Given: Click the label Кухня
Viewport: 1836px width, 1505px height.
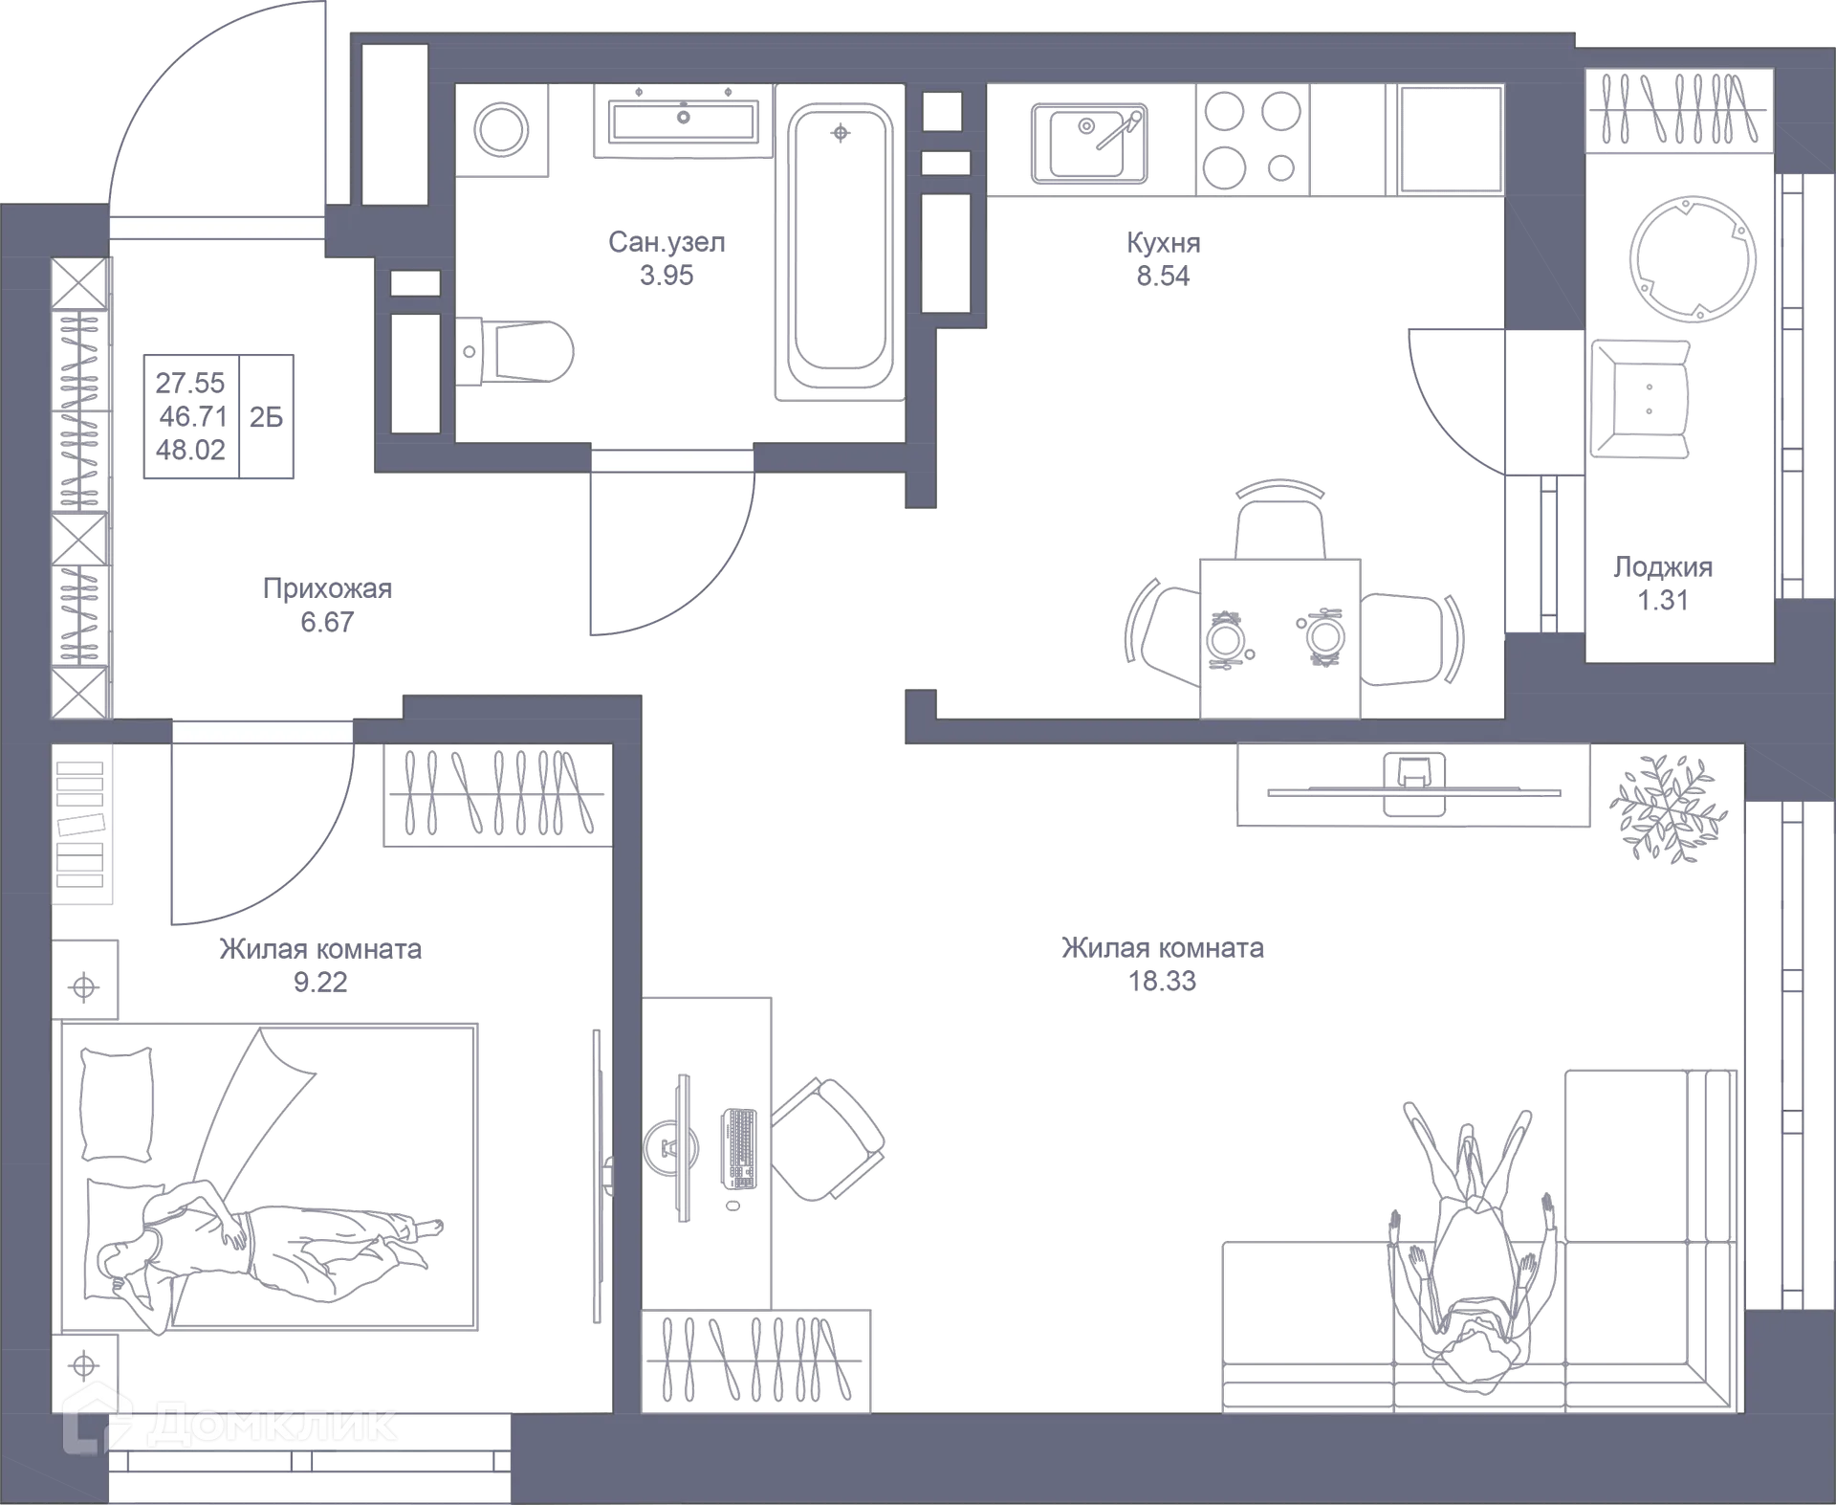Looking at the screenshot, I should point(1163,244).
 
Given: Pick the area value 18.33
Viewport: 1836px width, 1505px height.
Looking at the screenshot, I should point(1164,982).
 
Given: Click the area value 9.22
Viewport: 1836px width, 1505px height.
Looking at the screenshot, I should point(320,983).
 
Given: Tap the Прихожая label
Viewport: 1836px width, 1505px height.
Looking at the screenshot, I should point(327,589).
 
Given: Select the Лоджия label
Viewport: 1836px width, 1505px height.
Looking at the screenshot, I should point(1663,567).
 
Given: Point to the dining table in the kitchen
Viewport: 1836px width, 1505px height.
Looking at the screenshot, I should point(1280,636).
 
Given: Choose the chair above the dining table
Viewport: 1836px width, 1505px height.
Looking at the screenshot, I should point(1280,517).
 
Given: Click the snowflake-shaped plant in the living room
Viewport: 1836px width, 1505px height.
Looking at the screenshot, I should point(1669,808).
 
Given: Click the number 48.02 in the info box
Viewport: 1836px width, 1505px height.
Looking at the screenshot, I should point(190,450).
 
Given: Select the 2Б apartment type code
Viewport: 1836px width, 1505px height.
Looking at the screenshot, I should point(266,417).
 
